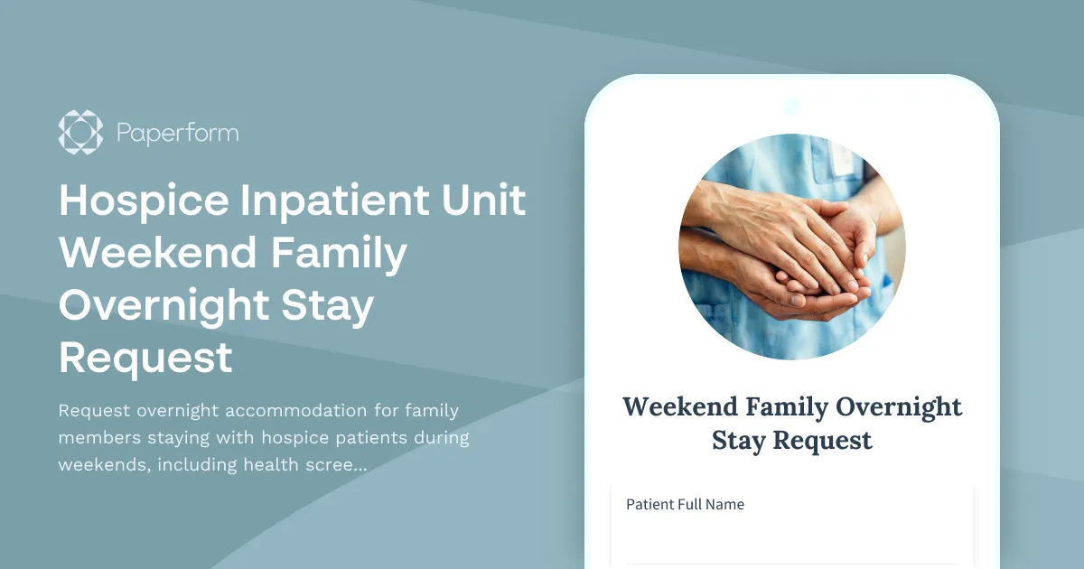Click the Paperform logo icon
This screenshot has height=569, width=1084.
80,132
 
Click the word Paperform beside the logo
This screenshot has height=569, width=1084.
178,133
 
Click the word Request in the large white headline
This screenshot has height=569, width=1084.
145,359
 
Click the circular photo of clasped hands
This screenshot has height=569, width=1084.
791,247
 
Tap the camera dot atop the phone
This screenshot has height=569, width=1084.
792,107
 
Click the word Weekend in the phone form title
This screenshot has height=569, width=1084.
679,406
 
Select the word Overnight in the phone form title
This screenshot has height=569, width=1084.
898,406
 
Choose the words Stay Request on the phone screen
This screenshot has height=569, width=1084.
791,441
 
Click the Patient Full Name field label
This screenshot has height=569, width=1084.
685,504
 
